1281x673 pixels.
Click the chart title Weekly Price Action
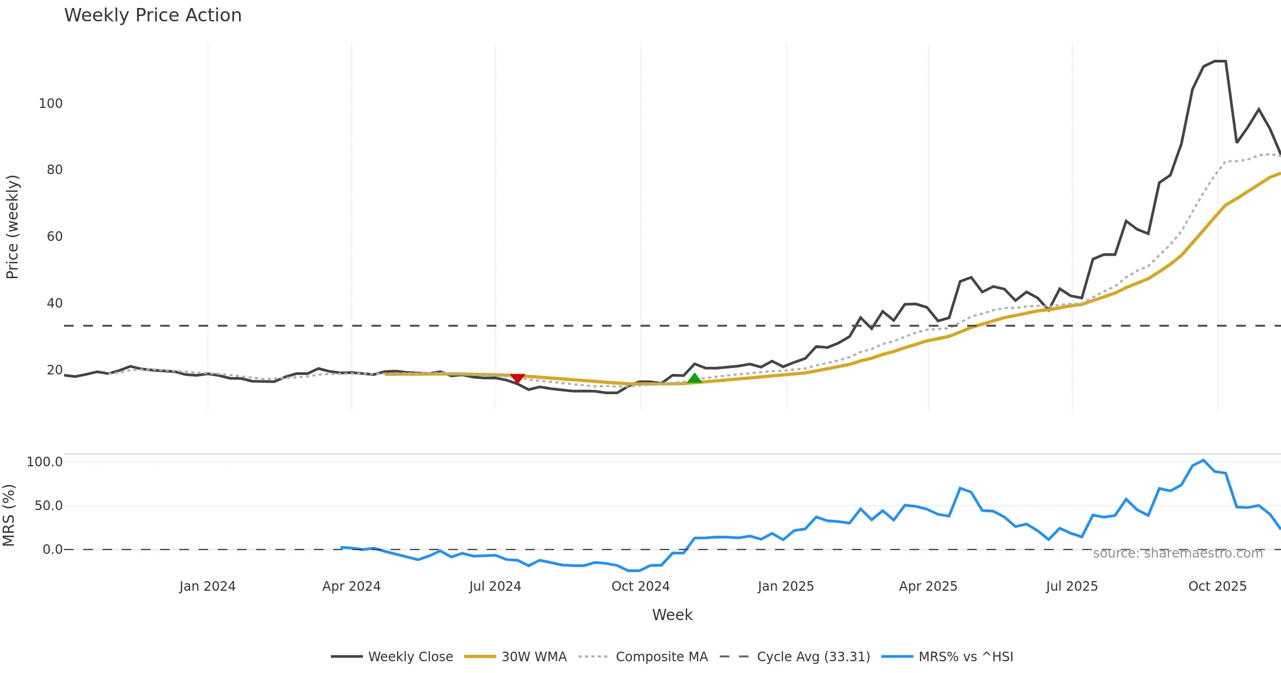click(x=153, y=15)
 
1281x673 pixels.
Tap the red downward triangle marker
click(x=517, y=378)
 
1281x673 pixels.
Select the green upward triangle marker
click(x=694, y=378)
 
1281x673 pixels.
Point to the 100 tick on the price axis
click(x=51, y=104)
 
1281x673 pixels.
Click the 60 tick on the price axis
click(x=54, y=237)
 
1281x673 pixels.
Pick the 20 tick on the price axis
click(x=54, y=370)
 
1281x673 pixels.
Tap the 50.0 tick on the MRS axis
click(x=49, y=506)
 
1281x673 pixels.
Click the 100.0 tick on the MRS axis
click(x=45, y=462)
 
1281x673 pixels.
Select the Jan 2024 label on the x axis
click(x=207, y=586)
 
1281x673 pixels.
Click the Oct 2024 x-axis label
click(x=640, y=586)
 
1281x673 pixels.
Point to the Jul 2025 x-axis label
click(x=1072, y=586)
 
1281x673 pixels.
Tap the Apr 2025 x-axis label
click(x=928, y=586)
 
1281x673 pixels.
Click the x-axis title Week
click(x=672, y=615)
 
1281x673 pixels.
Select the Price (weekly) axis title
click(x=12, y=227)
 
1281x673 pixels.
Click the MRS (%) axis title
click(x=9, y=515)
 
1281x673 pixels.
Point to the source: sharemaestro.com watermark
click(x=1178, y=553)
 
